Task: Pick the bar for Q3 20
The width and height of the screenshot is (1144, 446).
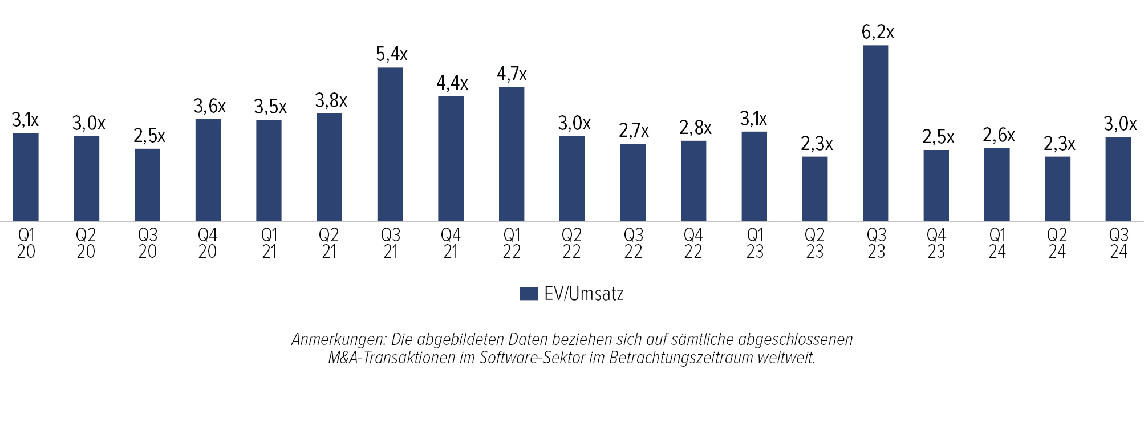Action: [147, 185]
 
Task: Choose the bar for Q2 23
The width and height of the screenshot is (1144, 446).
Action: [814, 189]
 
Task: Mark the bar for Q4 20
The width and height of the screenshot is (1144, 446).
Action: [208, 170]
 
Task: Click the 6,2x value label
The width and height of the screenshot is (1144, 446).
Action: [878, 33]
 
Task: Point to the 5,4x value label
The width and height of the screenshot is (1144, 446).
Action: [392, 55]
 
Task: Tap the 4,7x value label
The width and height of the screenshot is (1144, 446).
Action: [512, 74]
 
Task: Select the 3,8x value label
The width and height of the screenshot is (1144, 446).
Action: [331, 101]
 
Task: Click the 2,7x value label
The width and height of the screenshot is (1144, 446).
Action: [634, 131]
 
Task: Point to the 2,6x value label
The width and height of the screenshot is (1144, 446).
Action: [999, 136]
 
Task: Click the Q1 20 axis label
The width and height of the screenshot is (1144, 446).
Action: [26, 243]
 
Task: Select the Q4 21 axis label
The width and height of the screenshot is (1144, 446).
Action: [451, 243]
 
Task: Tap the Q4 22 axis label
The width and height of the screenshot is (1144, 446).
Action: [693, 243]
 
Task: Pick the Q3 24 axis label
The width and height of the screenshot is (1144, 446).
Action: [1118, 243]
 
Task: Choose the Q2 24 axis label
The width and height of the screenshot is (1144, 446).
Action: [1057, 243]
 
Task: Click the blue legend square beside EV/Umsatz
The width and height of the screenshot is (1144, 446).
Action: [529, 294]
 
